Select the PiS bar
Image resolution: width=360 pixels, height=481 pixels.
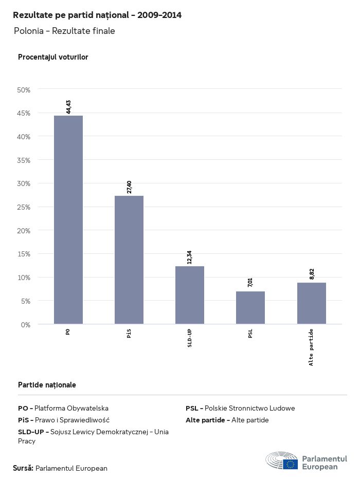click(129, 260)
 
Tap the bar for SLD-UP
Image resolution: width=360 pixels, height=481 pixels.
click(190, 295)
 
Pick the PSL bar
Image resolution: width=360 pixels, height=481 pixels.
click(250, 308)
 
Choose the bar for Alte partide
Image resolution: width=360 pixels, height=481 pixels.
click(312, 303)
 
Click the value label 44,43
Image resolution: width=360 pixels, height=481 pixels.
click(68, 106)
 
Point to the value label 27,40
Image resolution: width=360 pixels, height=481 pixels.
click(129, 187)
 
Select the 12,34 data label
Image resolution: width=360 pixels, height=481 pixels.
click(190, 257)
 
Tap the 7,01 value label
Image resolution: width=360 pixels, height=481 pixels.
click(250, 282)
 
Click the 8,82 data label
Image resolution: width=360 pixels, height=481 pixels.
click(312, 273)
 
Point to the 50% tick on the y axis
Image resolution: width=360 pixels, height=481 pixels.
click(24, 90)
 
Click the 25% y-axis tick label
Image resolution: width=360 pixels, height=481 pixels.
click(24, 207)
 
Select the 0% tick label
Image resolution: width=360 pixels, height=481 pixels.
click(26, 325)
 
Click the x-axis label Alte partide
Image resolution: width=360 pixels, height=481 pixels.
click(312, 347)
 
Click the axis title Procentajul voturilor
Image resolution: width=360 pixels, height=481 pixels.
click(53, 57)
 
